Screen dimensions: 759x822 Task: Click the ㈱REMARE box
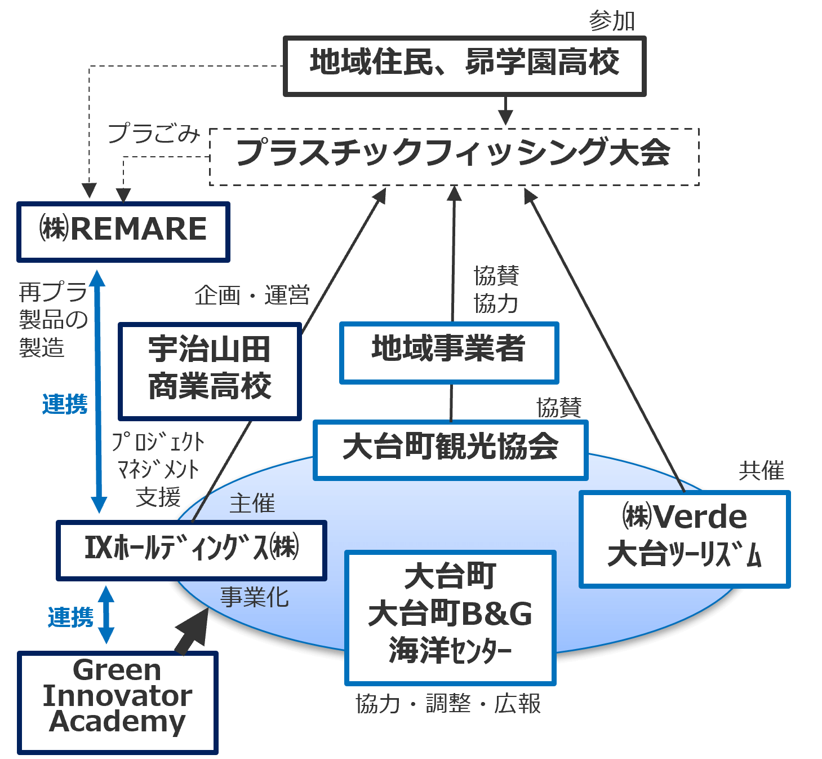[123, 232]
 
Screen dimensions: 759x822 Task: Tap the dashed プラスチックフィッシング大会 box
[454, 157]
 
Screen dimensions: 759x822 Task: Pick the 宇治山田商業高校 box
[210, 372]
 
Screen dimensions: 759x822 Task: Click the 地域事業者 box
[449, 352]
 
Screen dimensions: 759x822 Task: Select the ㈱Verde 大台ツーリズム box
[685, 539]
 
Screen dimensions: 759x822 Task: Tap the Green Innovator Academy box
[117, 702]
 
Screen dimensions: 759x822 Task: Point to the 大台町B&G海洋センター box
[450, 617]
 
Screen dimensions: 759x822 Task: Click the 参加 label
[612, 21]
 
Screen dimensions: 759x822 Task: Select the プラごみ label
[154, 134]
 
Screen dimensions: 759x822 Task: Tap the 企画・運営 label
[252, 295]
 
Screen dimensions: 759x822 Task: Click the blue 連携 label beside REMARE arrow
[65, 404]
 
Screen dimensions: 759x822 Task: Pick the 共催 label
[761, 470]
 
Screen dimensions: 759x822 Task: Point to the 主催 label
[252, 503]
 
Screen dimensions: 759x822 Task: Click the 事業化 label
[254, 597]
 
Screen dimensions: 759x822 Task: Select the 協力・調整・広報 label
[448, 704]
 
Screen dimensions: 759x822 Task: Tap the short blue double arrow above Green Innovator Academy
[106, 615]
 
